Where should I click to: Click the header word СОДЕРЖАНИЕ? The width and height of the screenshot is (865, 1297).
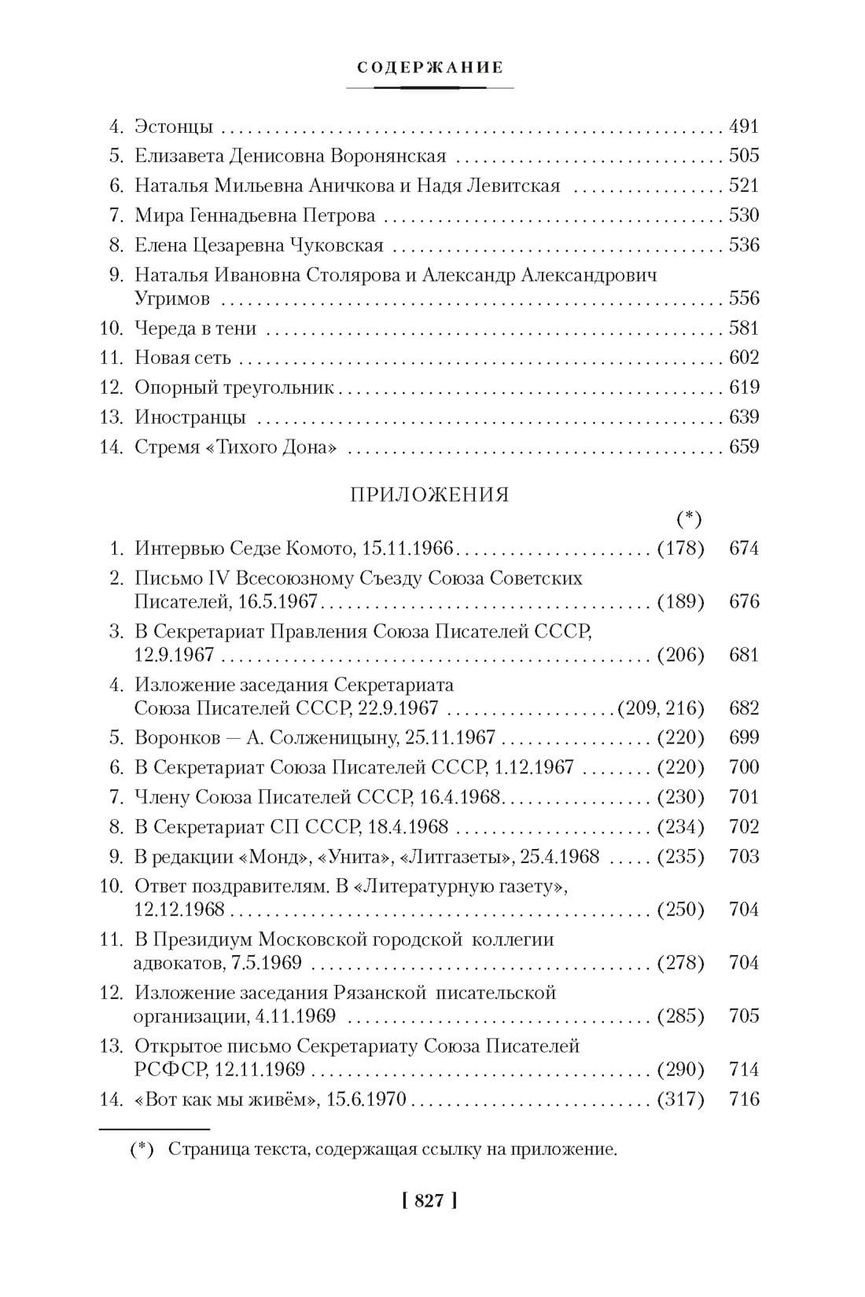430,68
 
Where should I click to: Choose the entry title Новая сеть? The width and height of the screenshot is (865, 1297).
182,358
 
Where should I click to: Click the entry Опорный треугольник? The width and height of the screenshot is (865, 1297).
234,388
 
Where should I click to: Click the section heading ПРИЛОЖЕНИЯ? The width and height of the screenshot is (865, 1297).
429,494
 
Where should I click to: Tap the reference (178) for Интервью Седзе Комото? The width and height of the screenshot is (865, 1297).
680,549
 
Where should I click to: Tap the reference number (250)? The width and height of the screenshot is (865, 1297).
680,909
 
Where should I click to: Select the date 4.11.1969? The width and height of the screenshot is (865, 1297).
296,1016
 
